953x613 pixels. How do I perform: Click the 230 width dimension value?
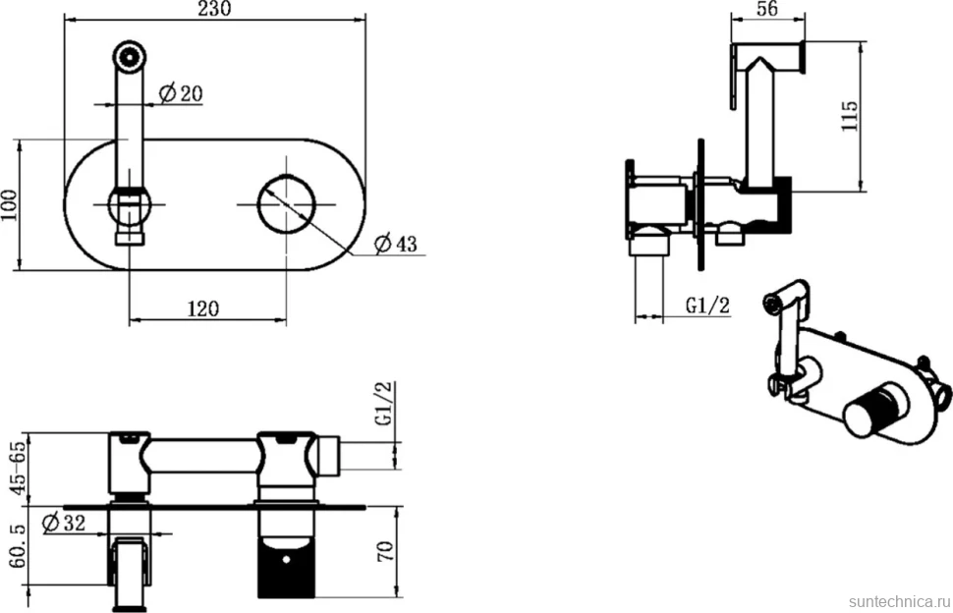[214, 9]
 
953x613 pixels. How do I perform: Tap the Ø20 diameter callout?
[181, 93]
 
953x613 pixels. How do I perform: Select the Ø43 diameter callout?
[396, 244]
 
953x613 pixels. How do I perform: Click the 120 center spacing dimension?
[203, 308]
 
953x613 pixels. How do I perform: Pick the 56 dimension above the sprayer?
[767, 9]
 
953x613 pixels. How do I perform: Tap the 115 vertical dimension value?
[849, 116]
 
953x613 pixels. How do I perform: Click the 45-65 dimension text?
[18, 468]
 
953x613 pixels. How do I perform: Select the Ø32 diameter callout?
[65, 522]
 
